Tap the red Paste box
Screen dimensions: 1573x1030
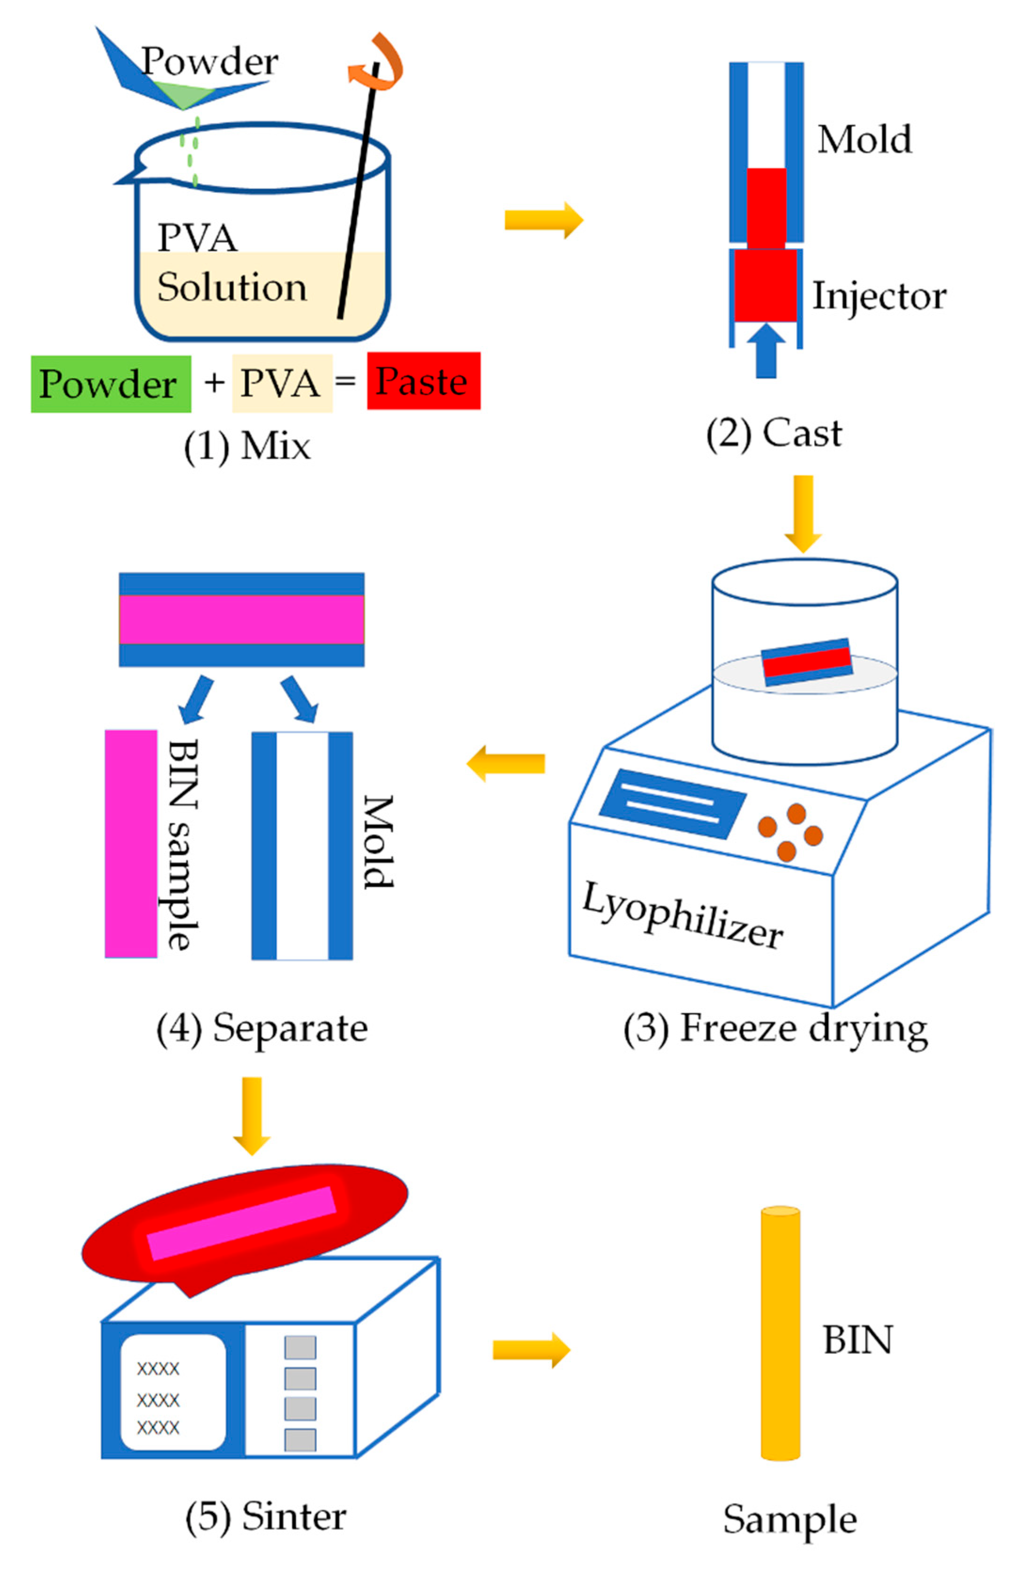[423, 381]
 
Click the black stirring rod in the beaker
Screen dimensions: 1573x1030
[357, 198]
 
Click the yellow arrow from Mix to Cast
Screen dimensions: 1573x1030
[543, 220]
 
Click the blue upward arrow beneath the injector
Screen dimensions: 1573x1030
[766, 350]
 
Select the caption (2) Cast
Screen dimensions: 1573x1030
[774, 434]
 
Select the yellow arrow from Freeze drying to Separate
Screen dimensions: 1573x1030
[506, 763]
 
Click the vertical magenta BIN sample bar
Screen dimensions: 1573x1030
[131, 844]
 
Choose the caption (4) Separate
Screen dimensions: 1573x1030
[262, 1029]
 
